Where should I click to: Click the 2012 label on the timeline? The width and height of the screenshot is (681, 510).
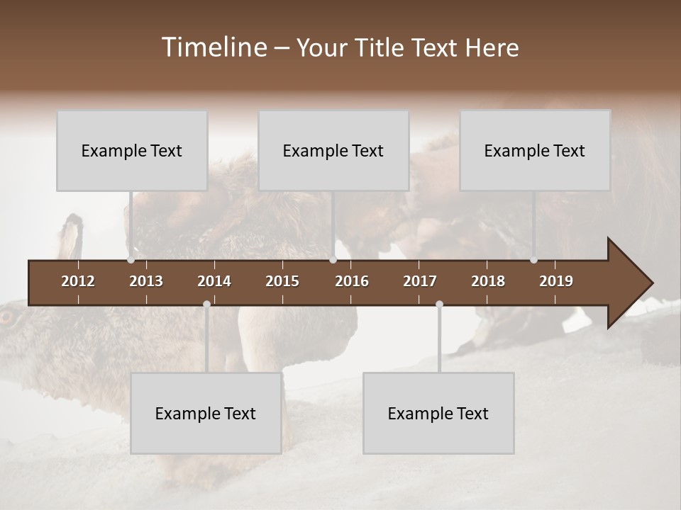click(78, 281)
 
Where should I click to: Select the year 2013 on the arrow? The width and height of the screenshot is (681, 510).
click(146, 281)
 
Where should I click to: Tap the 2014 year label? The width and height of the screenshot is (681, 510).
click(214, 281)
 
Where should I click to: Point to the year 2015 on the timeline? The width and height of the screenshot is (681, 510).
click(282, 281)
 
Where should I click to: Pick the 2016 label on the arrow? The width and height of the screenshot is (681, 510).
click(352, 281)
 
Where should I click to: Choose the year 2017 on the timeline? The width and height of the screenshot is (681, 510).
click(420, 281)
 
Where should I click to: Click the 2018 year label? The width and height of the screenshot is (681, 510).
click(488, 281)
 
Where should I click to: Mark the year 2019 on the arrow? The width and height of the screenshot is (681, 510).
click(556, 281)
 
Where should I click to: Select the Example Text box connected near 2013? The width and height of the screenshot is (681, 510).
click(132, 151)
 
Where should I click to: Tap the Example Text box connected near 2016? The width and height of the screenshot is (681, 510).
click(333, 151)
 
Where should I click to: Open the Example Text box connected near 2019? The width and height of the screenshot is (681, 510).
click(535, 151)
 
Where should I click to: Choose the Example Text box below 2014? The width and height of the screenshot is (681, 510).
click(206, 414)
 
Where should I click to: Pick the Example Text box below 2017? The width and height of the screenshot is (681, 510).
click(438, 414)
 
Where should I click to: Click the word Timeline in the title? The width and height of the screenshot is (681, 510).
click(214, 47)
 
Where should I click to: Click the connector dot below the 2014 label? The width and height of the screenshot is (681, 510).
click(206, 305)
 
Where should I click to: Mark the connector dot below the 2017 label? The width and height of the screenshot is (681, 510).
click(439, 305)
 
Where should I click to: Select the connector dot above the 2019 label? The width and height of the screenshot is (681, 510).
click(533, 260)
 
